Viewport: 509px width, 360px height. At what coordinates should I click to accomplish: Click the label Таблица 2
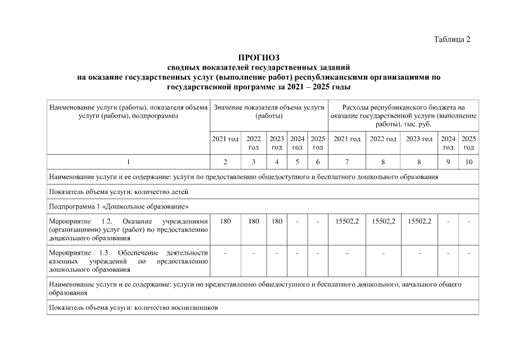(x=451, y=39)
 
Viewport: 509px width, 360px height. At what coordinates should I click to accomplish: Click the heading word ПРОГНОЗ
(x=259, y=57)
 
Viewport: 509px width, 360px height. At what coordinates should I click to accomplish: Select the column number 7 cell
(x=346, y=162)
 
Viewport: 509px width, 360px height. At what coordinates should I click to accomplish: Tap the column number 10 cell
(x=469, y=162)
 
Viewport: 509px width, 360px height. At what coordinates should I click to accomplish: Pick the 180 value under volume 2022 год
(x=254, y=222)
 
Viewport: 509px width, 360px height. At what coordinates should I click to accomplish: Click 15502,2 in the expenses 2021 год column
(x=346, y=222)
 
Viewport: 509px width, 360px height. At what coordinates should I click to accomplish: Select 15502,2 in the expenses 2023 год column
(x=419, y=222)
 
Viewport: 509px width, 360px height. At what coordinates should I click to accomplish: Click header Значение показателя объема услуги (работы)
(x=269, y=111)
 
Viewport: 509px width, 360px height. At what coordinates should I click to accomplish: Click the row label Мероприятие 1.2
(x=129, y=229)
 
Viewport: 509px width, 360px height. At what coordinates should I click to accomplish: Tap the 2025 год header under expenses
(x=469, y=143)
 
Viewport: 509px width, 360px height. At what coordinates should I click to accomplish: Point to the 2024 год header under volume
(x=297, y=143)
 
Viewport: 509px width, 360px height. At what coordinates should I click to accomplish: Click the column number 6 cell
(x=318, y=162)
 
